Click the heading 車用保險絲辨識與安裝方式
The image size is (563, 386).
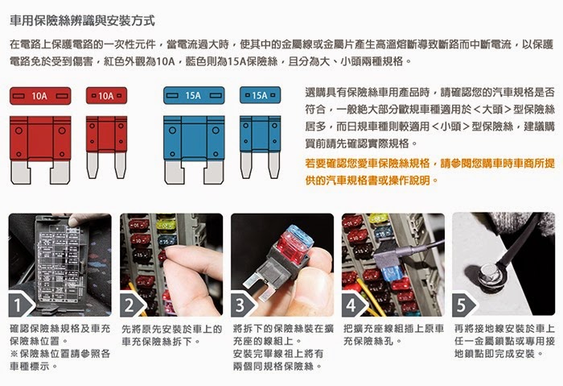pyautogui.click(x=82, y=21)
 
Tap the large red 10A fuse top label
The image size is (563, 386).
pyautogui.click(x=40, y=96)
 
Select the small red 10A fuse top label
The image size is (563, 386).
pyautogui.click(x=106, y=96)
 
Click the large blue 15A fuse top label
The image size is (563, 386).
pyautogui.click(x=194, y=95)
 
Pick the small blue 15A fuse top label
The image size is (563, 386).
pyautogui.click(x=260, y=95)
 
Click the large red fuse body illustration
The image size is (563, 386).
pyautogui.click(x=40, y=150)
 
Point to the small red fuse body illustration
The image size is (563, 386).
pyautogui.click(x=106, y=147)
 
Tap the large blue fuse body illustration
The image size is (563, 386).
pyautogui.click(x=194, y=150)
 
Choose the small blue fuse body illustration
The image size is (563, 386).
pyautogui.click(x=260, y=147)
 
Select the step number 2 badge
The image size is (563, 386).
pyautogui.click(x=130, y=305)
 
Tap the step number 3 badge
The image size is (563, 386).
pyautogui.click(x=241, y=305)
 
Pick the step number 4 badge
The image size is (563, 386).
pyautogui.click(x=352, y=305)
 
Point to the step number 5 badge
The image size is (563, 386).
pyautogui.click(x=462, y=305)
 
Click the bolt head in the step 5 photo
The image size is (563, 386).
pyautogui.click(x=490, y=274)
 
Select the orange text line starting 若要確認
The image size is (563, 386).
pyautogui.click(x=429, y=164)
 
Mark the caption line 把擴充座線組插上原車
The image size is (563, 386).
pyautogui.click(x=393, y=329)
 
